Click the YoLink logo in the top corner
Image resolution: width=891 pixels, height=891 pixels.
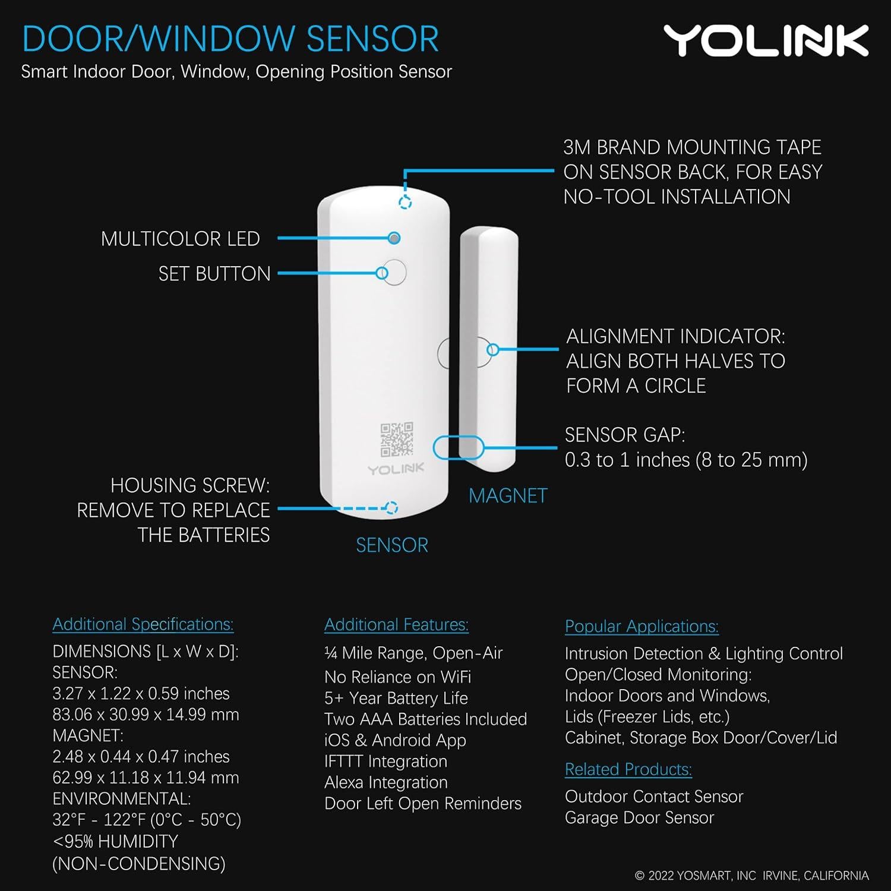click(x=766, y=41)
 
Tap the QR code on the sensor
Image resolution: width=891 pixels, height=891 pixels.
click(x=397, y=439)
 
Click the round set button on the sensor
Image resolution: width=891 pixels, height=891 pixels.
click(x=393, y=273)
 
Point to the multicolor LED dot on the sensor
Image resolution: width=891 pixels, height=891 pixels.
click(x=394, y=238)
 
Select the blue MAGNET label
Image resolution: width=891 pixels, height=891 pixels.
click(x=508, y=496)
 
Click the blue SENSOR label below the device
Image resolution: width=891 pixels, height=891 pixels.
click(x=392, y=545)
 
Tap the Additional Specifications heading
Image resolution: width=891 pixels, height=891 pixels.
click(x=143, y=624)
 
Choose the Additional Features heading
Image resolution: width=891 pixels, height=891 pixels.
click(x=396, y=625)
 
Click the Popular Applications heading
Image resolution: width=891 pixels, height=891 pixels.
click(x=642, y=627)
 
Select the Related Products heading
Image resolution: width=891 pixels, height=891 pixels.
click(x=628, y=770)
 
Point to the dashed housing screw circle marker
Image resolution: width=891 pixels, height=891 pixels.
click(x=391, y=508)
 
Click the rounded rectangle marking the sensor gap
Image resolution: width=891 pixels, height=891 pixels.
click(x=458, y=447)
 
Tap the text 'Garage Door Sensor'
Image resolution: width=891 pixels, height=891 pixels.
click(x=639, y=818)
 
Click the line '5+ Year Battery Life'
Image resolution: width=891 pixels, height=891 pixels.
click(x=396, y=698)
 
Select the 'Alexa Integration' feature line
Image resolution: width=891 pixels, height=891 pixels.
click(x=386, y=782)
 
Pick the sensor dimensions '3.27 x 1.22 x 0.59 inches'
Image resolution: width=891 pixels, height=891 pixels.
click(x=141, y=693)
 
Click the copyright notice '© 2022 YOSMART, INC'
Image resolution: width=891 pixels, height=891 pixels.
click(x=696, y=876)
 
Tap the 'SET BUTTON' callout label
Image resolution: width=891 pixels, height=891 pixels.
click(x=214, y=274)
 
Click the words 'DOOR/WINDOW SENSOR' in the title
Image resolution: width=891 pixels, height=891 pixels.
click(x=230, y=39)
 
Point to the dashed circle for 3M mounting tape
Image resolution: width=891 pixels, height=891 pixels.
click(x=405, y=203)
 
